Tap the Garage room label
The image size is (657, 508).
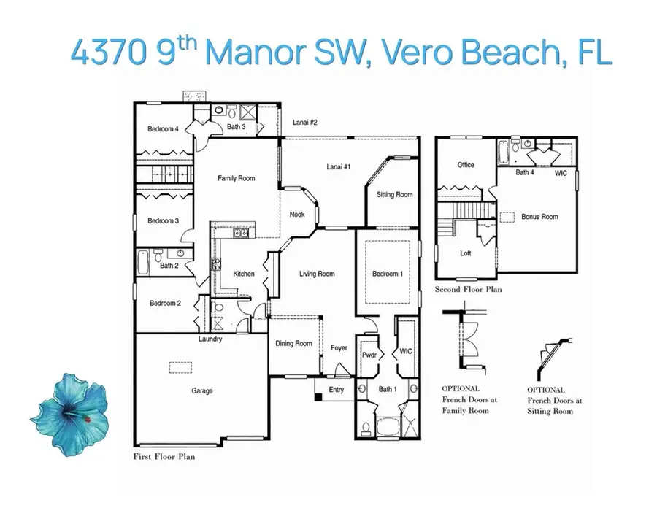(x=202, y=391)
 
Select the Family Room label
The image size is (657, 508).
(x=237, y=178)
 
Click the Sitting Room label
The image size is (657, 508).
(x=394, y=195)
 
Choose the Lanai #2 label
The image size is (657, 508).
(x=305, y=123)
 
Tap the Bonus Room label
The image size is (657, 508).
(x=539, y=217)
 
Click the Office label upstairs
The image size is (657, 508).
(x=466, y=165)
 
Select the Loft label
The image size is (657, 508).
(x=466, y=254)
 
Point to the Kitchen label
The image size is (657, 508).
(x=244, y=274)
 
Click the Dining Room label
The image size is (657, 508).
(x=293, y=344)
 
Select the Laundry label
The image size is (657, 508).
(x=210, y=339)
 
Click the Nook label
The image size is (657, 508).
(x=297, y=215)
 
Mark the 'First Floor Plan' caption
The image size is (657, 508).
(x=164, y=457)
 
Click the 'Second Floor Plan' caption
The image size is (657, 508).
(x=468, y=290)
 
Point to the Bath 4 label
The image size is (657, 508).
(x=525, y=173)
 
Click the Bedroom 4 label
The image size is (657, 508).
(x=163, y=129)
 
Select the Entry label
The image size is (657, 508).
(x=336, y=390)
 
